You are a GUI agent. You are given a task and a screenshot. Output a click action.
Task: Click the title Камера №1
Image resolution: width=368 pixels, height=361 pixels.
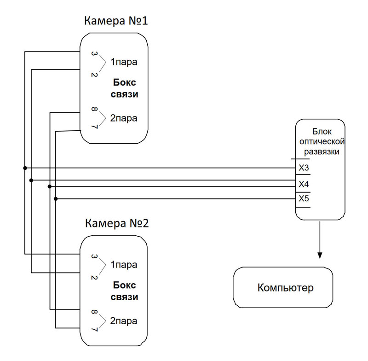[x=115, y=21]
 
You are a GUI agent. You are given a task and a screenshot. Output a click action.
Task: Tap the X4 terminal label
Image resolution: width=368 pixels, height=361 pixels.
[x=304, y=184]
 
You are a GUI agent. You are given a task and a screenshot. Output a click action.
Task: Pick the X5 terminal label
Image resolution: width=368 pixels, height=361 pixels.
[x=304, y=199]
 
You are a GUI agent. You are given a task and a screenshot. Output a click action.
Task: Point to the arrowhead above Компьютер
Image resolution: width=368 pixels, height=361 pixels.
[x=320, y=256]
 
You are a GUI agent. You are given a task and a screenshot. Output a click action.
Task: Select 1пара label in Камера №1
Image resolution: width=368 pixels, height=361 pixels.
[x=123, y=62]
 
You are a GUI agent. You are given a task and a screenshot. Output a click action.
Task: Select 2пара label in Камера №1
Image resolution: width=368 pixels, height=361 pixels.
[x=123, y=118]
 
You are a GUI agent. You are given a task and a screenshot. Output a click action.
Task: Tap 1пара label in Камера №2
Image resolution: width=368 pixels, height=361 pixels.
[x=123, y=265]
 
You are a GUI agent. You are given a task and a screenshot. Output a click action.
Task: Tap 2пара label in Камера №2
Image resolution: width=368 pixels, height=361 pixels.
[x=123, y=320]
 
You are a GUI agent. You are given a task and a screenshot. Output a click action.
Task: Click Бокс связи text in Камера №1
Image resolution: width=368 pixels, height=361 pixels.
[x=125, y=88]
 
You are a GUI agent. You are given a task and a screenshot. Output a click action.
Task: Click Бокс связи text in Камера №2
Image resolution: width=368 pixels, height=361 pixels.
[x=124, y=291]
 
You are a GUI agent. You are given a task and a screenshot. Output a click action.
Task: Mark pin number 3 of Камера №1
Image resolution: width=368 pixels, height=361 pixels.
[x=94, y=55]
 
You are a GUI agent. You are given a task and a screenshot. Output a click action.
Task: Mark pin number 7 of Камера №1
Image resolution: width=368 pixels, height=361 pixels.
[x=94, y=126]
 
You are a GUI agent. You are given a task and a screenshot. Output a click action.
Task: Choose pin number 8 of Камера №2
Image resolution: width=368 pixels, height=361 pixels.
[x=94, y=314]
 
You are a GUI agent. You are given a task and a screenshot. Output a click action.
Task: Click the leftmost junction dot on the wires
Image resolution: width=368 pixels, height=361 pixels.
[x=25, y=168]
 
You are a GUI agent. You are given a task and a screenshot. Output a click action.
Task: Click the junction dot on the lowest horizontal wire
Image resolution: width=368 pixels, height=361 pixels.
[x=56, y=199]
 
